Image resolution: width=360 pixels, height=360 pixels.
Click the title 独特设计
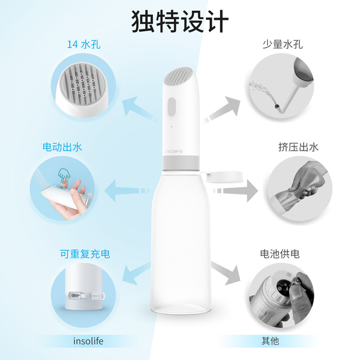(180, 22)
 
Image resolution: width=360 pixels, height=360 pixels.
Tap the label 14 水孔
(84, 44)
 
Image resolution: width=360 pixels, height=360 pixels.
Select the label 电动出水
(62, 147)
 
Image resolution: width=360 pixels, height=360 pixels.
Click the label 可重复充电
(85, 254)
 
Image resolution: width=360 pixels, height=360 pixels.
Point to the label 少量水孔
(283, 44)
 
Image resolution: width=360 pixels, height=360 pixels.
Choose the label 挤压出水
(298, 147)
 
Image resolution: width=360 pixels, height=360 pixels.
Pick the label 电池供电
(280, 254)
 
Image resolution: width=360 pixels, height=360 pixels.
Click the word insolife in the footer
(88, 341)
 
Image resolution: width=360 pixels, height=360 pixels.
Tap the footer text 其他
(270, 341)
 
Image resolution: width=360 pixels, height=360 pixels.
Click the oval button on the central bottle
(172, 107)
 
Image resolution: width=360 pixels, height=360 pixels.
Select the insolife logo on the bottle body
(174, 152)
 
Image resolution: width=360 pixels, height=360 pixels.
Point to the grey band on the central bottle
(181, 163)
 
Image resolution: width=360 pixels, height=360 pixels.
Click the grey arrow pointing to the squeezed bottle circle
(236, 191)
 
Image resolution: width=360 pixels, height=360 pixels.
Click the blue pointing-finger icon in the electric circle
(64, 175)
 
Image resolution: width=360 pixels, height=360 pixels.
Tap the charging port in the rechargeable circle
(76, 295)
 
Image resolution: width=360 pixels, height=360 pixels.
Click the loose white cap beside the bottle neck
(225, 176)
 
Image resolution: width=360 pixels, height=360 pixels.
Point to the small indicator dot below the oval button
(171, 126)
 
